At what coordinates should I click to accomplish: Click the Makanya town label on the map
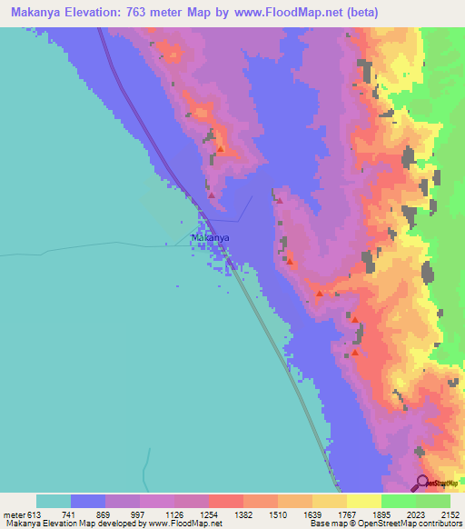pos(210,237)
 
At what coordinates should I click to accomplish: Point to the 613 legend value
pos(29,514)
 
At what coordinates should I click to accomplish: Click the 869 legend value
pos(90,514)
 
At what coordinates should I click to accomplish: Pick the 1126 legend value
pos(158,514)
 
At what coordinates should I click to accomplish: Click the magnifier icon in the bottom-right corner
pos(422,483)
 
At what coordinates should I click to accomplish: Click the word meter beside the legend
pos(11,514)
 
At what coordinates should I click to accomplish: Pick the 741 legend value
pos(55,514)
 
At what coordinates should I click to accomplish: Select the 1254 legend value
pos(193,514)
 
